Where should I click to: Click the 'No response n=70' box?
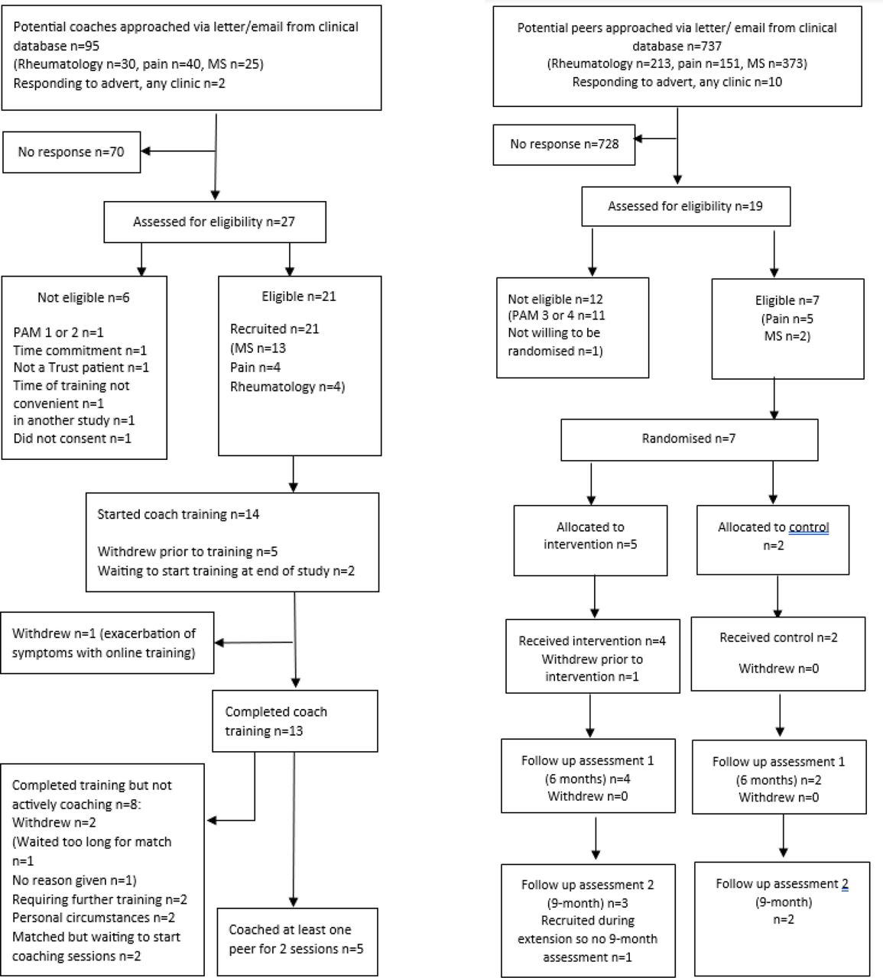click(72, 152)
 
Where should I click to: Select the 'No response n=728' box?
click(564, 145)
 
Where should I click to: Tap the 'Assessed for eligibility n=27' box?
click(215, 222)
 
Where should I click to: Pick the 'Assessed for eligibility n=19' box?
click(686, 206)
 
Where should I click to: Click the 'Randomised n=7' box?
click(690, 439)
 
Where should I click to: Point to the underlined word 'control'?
click(809, 527)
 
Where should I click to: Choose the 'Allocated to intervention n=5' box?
click(590, 540)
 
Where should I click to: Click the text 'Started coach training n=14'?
click(178, 514)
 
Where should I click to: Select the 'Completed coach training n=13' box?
click(294, 721)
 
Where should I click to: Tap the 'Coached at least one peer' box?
click(297, 941)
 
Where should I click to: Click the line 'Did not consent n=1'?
click(72, 439)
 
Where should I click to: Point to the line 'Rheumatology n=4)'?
click(287, 387)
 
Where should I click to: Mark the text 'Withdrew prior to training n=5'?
click(187, 552)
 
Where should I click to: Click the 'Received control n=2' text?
click(778, 638)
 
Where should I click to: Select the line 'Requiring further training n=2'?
click(99, 899)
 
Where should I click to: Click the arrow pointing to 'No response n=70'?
click(178, 151)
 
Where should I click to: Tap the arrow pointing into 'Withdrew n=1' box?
click(254, 643)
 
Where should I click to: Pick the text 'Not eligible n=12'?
click(555, 299)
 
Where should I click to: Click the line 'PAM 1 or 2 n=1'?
click(59, 332)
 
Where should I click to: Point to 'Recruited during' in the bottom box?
click(588, 921)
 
